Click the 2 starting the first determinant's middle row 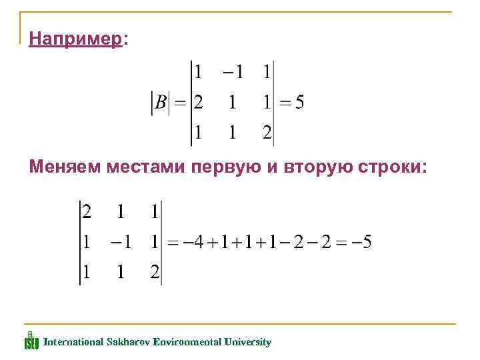point(198,103)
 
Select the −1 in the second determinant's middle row point(121,243)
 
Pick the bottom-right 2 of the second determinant point(155,273)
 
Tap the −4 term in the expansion point(194,243)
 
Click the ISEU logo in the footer point(31,341)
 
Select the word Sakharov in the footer point(128,342)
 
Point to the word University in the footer point(247,342)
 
